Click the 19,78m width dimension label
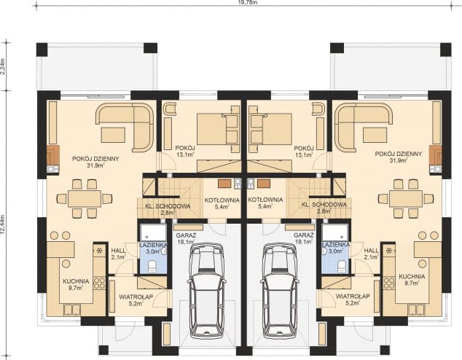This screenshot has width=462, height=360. pos(248,3)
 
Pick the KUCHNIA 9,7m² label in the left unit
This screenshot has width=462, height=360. pos(75,284)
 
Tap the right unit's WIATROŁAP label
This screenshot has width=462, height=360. pos(351,300)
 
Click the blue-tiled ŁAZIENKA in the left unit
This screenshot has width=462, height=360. pos(154,252)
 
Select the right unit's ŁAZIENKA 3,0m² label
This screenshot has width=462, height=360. pos(337,248)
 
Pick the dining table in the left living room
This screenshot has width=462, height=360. pos(85,198)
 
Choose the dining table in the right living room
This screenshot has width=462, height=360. pos(405,198)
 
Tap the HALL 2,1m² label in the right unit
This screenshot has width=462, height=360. pos(372,253)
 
